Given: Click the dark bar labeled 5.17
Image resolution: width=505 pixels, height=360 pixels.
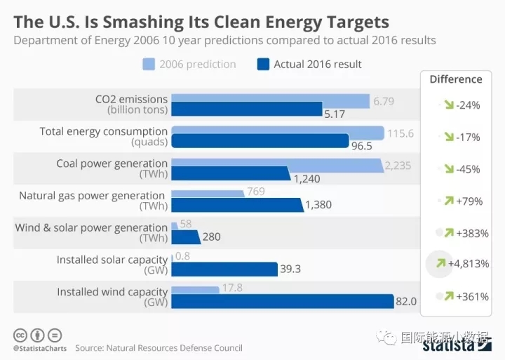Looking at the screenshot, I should tap(245, 109).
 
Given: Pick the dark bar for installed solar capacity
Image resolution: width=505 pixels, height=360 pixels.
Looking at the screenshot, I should tap(224, 269).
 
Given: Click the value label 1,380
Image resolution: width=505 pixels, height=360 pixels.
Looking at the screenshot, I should tap(318, 205).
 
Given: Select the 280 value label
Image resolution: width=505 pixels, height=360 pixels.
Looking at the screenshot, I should tap(212, 237).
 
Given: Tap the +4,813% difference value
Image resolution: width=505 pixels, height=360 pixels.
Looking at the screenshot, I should tap(469, 265).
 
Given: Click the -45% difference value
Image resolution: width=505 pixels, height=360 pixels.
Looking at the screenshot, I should tap(468, 168).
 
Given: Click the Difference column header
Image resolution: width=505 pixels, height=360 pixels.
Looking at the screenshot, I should tap(456, 79).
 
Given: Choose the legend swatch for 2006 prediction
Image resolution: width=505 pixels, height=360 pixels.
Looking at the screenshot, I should tap(148, 65).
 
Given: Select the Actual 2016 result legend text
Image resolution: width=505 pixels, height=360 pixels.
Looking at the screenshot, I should tap(318, 65).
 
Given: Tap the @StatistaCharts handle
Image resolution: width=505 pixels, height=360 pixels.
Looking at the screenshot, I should tap(38, 348).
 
